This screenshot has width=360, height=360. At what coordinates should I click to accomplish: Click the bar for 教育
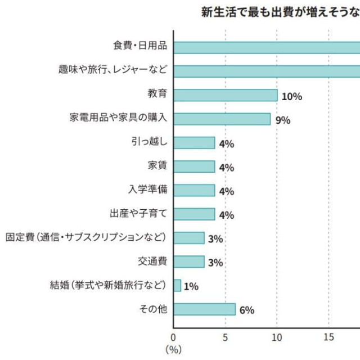click(225, 95)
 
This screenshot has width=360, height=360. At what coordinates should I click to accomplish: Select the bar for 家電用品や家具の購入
click(222, 119)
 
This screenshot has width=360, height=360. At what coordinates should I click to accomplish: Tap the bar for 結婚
click(177, 286)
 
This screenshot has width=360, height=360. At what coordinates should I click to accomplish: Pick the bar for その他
click(204, 309)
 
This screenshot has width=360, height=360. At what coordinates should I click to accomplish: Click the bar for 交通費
click(188, 262)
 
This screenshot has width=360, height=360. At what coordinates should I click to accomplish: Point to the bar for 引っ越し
click(194, 143)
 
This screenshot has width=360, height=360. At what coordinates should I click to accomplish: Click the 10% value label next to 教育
click(291, 96)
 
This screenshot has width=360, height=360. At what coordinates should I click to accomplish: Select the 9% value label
click(283, 120)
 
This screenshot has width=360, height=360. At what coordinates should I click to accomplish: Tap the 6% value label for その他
click(247, 310)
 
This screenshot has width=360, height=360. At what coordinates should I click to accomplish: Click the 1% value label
click(191, 286)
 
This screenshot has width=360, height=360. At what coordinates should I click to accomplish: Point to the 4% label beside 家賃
click(226, 168)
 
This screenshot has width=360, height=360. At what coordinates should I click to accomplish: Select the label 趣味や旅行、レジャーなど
click(112, 70)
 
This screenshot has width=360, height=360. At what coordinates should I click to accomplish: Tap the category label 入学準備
click(148, 190)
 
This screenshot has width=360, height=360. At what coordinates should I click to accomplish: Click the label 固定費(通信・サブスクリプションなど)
click(85, 237)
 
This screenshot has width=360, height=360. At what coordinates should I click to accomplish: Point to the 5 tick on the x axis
click(225, 337)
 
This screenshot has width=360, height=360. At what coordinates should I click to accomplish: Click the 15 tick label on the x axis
click(328, 337)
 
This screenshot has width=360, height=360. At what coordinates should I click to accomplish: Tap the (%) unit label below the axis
click(173, 349)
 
